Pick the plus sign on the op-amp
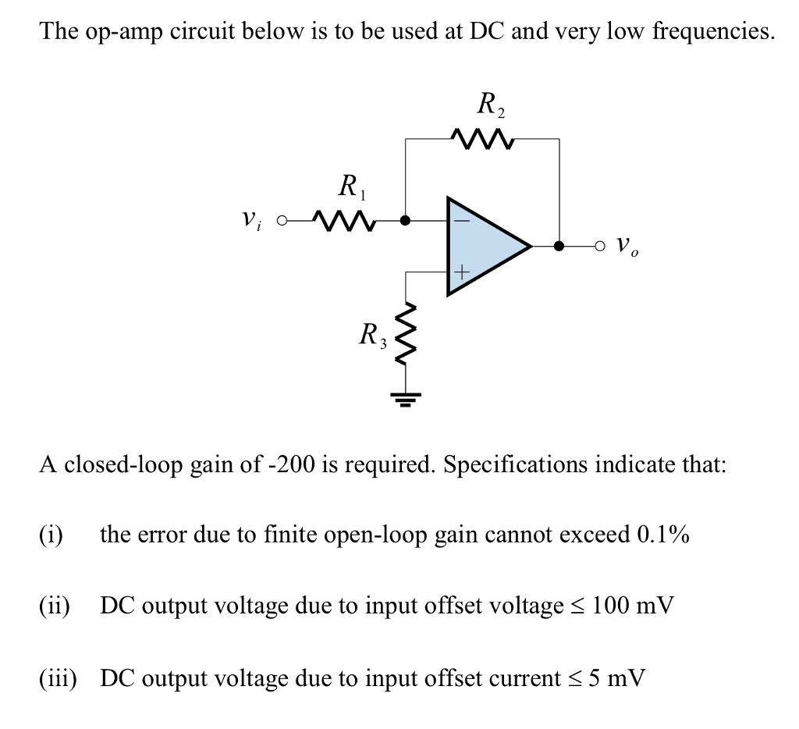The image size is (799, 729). (460, 272)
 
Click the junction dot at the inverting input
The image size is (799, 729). (405, 220)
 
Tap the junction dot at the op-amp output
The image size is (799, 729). (559, 247)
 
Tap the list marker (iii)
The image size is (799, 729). (58, 677)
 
